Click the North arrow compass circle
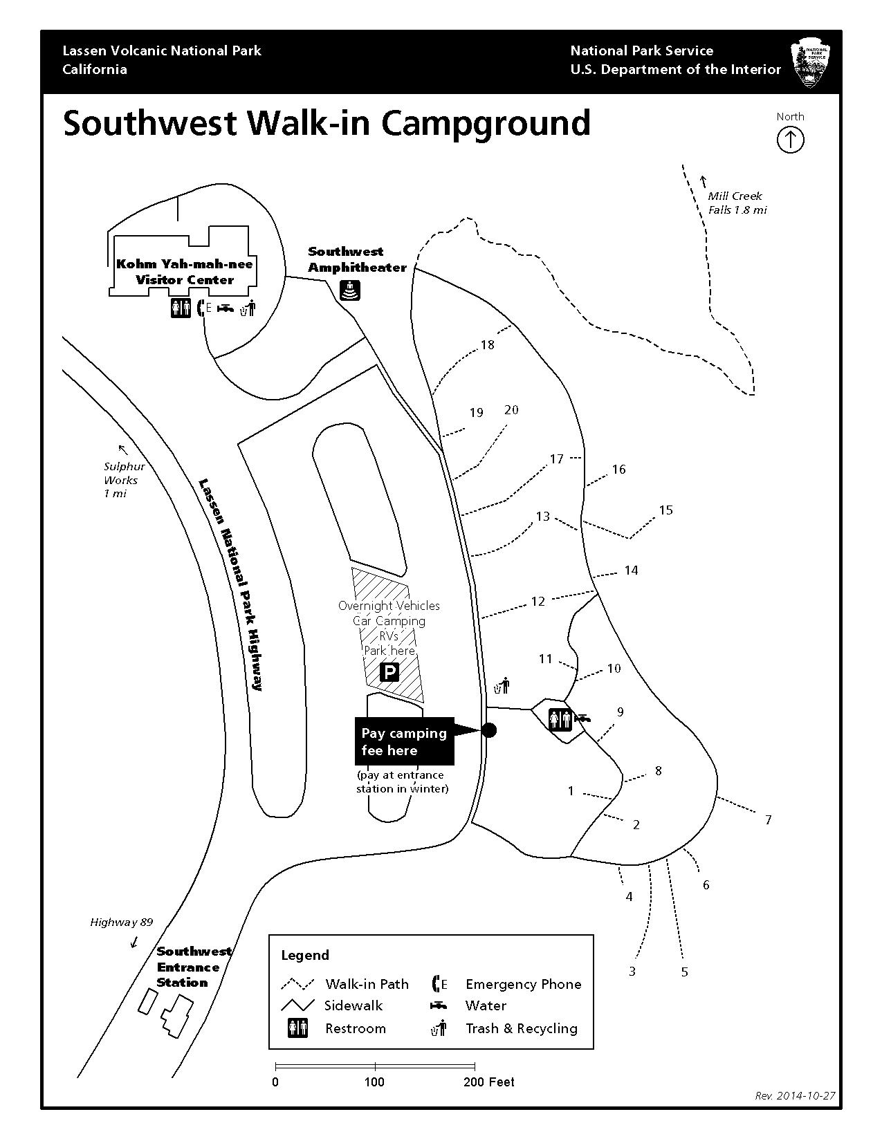tap(790, 140)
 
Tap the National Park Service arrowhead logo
tap(811, 64)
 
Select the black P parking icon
tap(389, 671)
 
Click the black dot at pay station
tap(488, 730)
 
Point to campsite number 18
tap(488, 344)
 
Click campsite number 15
tap(665, 510)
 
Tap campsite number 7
tap(768, 820)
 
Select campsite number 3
tap(632, 972)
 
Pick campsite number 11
tap(546, 659)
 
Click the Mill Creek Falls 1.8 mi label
tap(737, 203)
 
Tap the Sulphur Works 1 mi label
tap(124, 479)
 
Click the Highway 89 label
tap(121, 922)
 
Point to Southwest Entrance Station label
tap(193, 967)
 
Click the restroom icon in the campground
tap(560, 719)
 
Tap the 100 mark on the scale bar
tap(374, 1082)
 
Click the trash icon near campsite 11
tap(502, 685)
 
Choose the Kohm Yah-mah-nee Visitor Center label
tap(185, 272)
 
